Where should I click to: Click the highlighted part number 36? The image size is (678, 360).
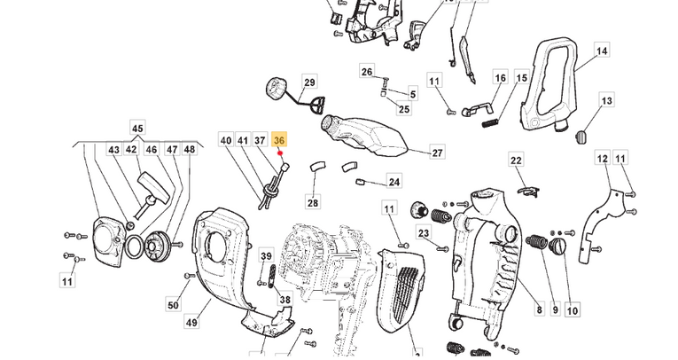point(280,141)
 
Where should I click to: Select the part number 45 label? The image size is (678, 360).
point(137,129)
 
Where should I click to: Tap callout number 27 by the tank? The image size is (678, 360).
point(437,153)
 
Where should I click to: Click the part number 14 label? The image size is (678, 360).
point(602,51)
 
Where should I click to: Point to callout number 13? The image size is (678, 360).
point(607,102)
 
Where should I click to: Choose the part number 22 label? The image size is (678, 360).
point(516,160)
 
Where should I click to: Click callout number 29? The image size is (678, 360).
point(309,83)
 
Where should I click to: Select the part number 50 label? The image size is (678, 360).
point(173,306)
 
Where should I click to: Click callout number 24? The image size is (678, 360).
point(394,183)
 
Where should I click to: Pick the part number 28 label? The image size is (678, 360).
point(313,203)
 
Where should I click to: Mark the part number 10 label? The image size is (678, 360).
point(572,310)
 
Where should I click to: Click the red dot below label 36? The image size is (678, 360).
point(280,153)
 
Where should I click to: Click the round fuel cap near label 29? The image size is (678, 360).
point(273,91)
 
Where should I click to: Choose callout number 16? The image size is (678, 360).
point(500,79)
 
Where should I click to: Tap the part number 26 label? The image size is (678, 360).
point(367,71)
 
